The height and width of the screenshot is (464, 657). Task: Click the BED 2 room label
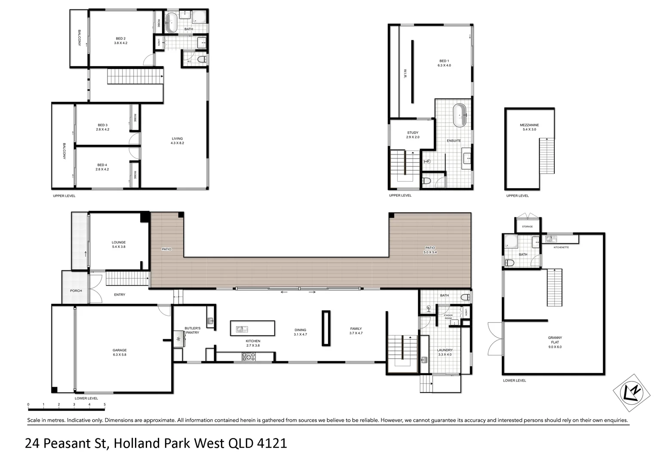(x=120, y=39)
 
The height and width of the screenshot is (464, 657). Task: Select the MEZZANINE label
(x=529, y=125)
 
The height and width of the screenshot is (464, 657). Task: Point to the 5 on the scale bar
(x=104, y=404)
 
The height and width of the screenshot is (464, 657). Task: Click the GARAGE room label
(x=120, y=350)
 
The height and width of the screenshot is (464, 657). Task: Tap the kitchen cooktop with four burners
(x=249, y=357)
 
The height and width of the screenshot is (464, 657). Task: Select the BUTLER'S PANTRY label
(x=192, y=330)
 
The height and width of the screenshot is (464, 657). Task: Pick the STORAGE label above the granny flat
(x=527, y=226)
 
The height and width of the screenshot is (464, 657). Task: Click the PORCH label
(x=76, y=291)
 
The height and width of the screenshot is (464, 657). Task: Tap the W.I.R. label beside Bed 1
(x=405, y=73)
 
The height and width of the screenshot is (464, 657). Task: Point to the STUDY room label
(x=413, y=133)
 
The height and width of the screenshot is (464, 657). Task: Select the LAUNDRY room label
(x=445, y=350)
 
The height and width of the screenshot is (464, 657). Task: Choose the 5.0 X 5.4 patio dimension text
(x=430, y=252)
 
